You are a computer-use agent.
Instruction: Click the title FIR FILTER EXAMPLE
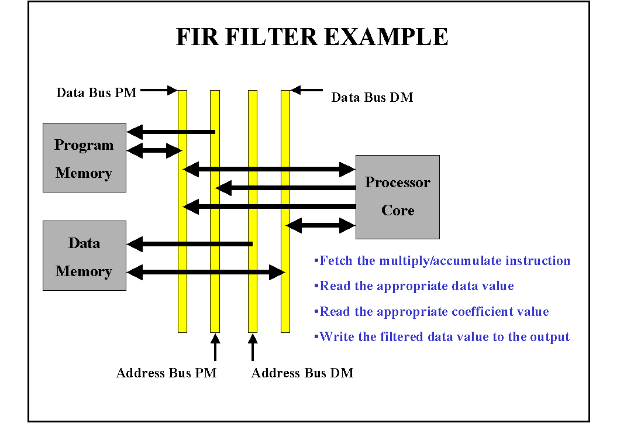[x=312, y=37]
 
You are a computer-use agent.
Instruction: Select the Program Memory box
[x=84, y=158]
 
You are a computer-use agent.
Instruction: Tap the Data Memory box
[x=84, y=256]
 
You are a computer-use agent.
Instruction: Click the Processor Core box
[x=398, y=197]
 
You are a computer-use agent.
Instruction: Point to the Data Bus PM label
[x=96, y=92]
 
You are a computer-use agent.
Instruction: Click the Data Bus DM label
[x=372, y=98]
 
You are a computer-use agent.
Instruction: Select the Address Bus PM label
[x=166, y=373]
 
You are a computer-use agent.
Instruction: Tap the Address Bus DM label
[x=302, y=373]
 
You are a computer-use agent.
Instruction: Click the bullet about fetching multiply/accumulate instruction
[x=442, y=261]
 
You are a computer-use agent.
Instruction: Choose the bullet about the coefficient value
[x=432, y=311]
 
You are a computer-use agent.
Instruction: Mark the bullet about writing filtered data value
[x=442, y=337]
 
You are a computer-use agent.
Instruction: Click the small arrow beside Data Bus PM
[x=159, y=90]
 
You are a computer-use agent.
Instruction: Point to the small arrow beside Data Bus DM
[x=307, y=90]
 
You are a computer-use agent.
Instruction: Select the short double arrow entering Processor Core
[x=321, y=225]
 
